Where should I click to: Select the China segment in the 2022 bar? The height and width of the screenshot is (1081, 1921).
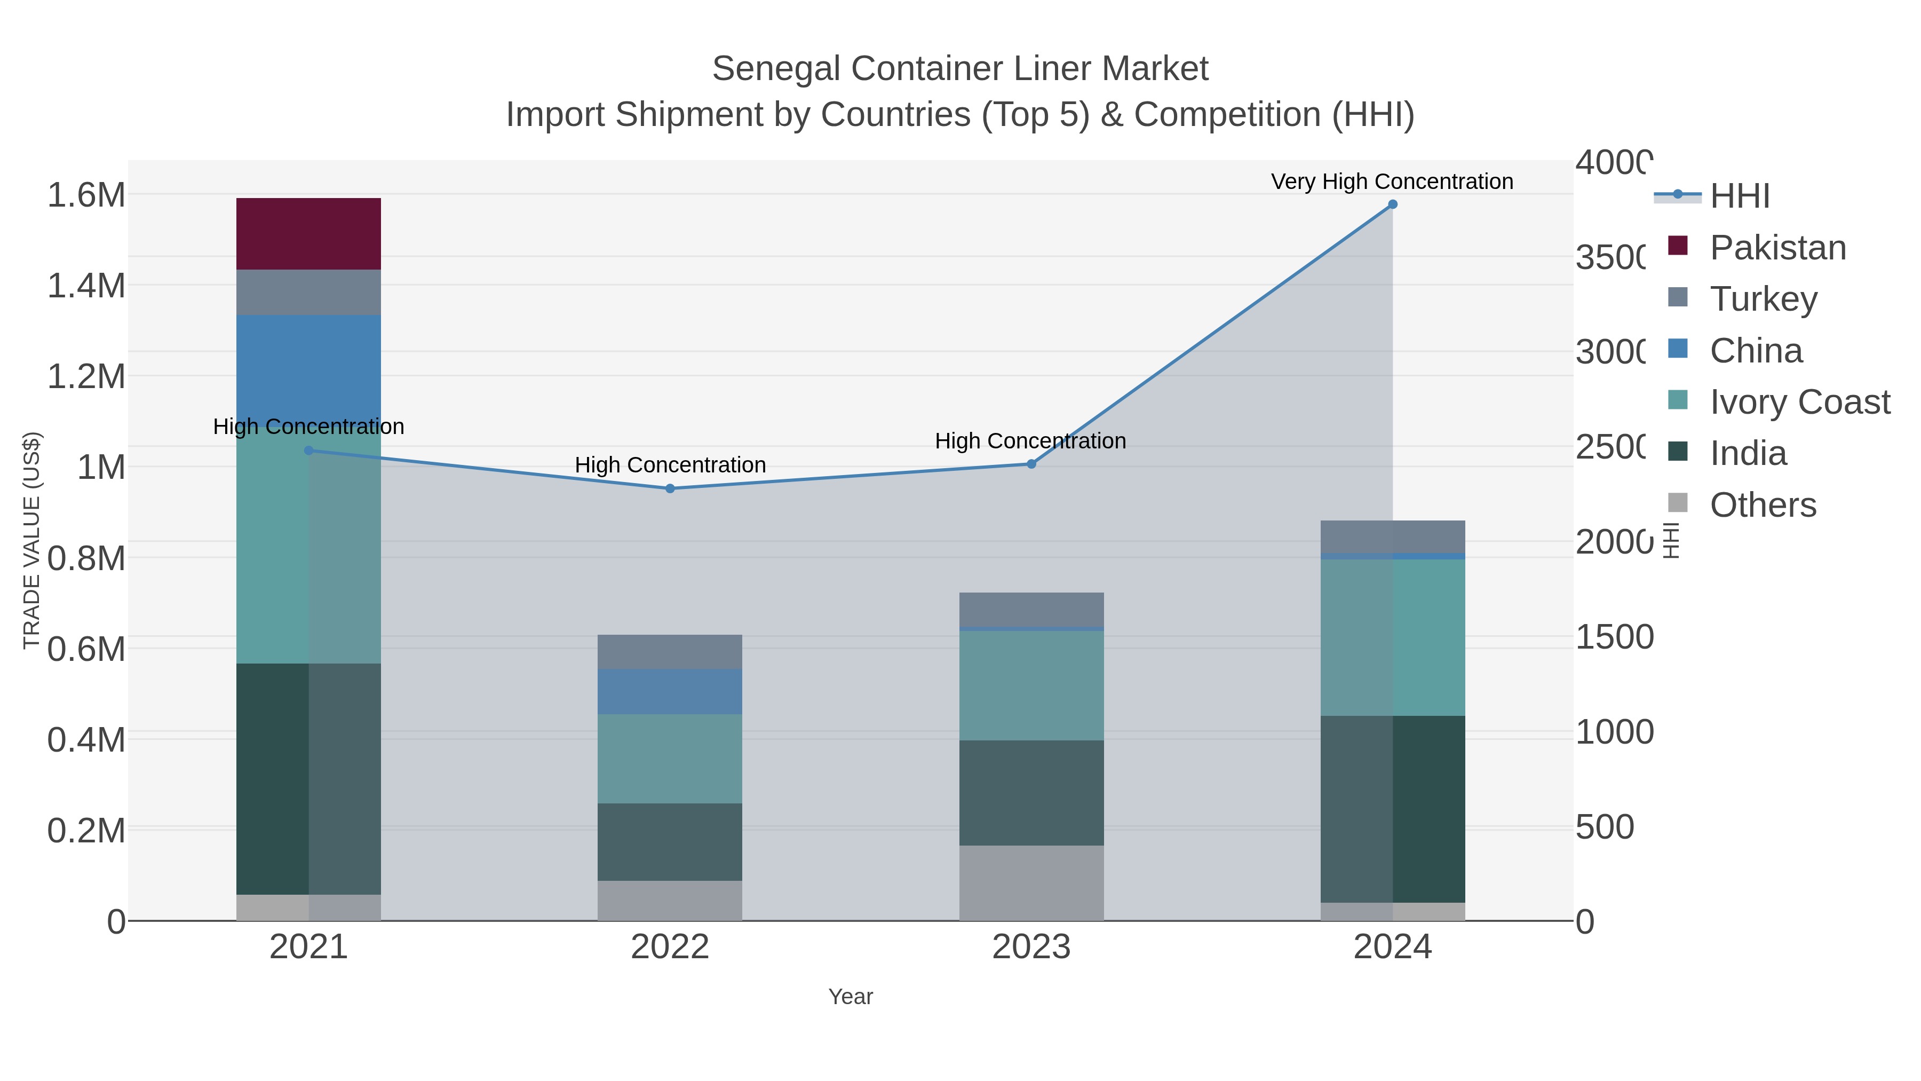[669, 691]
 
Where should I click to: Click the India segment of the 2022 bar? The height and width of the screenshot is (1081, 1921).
[669, 841]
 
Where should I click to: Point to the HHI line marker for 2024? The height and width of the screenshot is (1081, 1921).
[1392, 204]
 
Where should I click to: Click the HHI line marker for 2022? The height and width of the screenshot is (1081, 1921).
[669, 488]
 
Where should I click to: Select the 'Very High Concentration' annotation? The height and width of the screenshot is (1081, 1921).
[1392, 182]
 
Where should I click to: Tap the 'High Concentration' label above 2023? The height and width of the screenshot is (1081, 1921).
[1030, 441]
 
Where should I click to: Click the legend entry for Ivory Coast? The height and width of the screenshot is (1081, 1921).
[1799, 402]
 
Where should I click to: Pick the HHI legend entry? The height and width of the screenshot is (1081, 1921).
[1739, 196]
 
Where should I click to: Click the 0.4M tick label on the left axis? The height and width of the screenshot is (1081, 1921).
[86, 740]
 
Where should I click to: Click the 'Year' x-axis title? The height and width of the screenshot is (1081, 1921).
[850, 997]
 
